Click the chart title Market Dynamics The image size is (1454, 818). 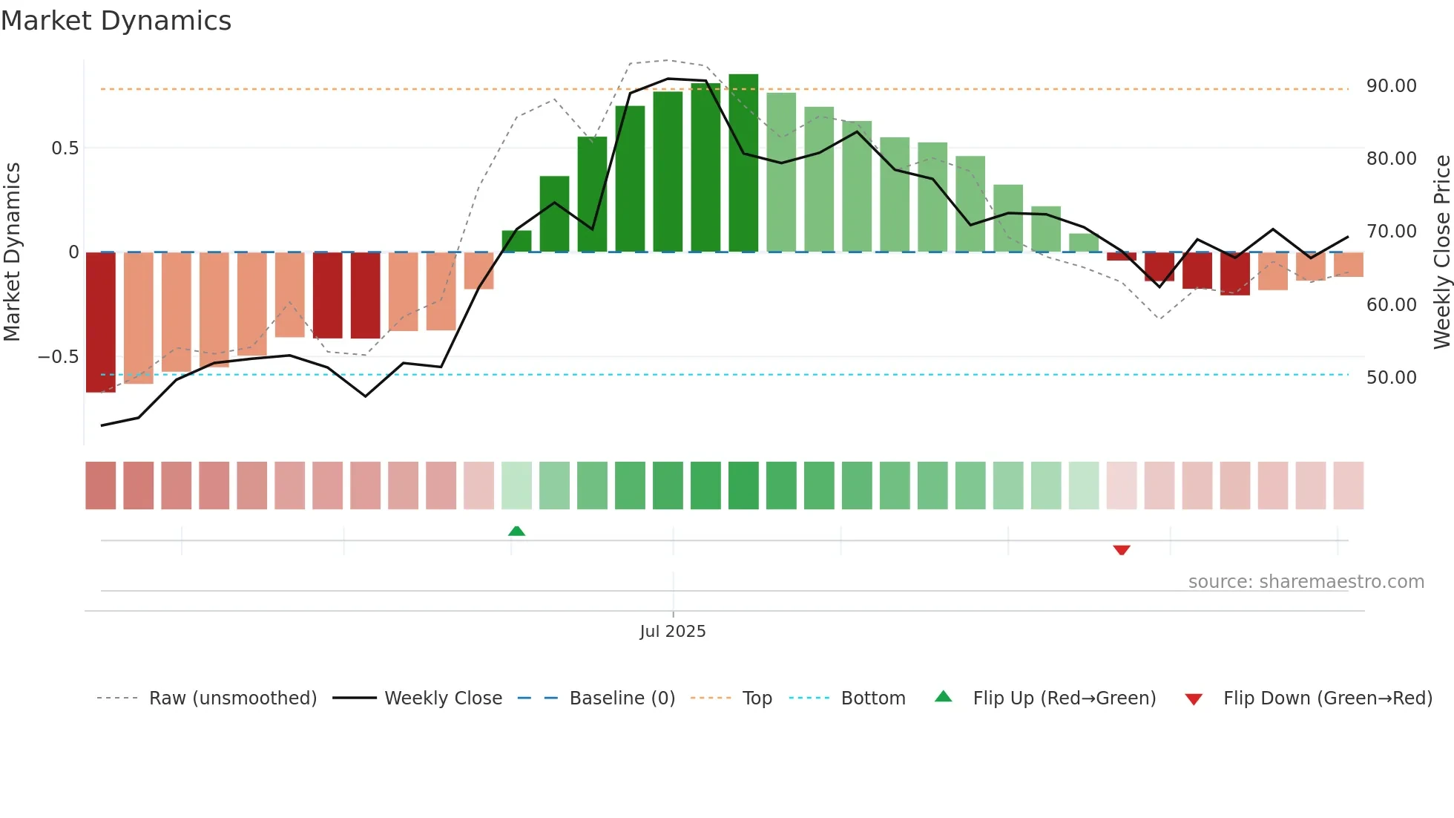coord(116,21)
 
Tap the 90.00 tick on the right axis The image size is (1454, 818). coord(1391,86)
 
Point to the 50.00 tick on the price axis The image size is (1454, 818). coord(1391,378)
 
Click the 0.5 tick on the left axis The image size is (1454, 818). coord(65,148)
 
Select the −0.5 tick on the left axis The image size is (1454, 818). coord(59,357)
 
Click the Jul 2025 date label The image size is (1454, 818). coord(672,632)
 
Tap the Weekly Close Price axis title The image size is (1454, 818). coord(1441,252)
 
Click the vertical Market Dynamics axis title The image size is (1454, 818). coord(13,252)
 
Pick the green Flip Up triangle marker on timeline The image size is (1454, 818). coord(516,531)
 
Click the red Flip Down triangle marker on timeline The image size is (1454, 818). coord(1121,550)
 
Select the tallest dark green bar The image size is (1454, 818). coord(743,163)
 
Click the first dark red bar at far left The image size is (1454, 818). coord(101,322)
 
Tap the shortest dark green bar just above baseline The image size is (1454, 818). coord(516,241)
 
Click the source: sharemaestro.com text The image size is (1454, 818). coord(1306,582)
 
